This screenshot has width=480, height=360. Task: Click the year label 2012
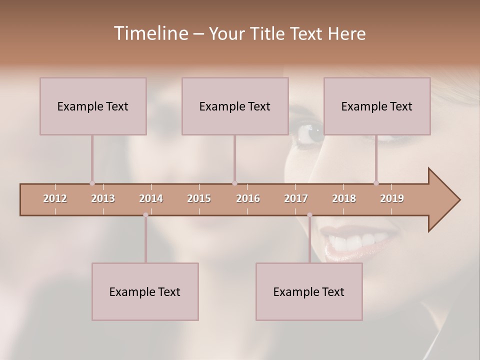click(x=55, y=198)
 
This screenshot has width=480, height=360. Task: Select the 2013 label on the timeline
click(x=103, y=198)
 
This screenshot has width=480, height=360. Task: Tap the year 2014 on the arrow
click(x=151, y=198)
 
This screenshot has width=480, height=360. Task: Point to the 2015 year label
click(x=199, y=198)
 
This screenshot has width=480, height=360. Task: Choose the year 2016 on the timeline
click(x=248, y=198)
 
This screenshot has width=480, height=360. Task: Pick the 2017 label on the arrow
click(x=296, y=198)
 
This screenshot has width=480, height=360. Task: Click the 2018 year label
click(x=344, y=198)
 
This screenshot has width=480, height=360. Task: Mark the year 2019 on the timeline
click(x=392, y=198)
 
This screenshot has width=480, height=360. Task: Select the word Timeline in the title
click(x=150, y=33)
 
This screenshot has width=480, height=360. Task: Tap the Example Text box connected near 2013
click(x=93, y=106)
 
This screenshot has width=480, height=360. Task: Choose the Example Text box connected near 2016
click(x=235, y=106)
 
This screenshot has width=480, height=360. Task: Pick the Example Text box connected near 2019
click(x=377, y=106)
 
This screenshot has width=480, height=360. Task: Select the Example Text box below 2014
click(x=145, y=291)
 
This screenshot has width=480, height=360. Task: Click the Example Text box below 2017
click(x=309, y=291)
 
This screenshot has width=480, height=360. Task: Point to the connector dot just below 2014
click(x=145, y=215)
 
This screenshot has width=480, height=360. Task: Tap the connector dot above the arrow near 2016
click(x=234, y=183)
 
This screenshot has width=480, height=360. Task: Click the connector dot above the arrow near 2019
click(x=376, y=183)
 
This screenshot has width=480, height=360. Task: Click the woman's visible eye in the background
click(x=313, y=133)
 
